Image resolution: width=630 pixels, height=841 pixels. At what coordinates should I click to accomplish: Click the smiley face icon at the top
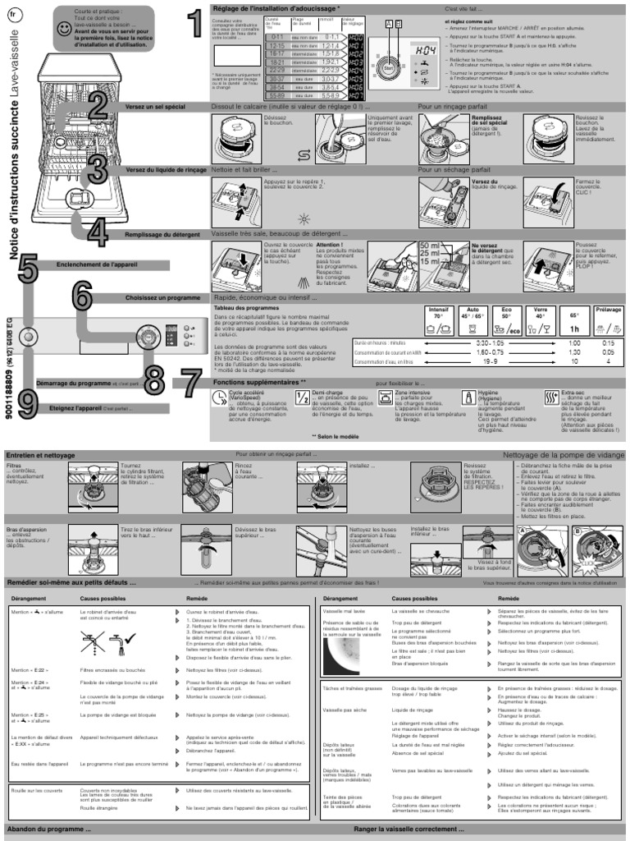pyautogui.click(x=64, y=28)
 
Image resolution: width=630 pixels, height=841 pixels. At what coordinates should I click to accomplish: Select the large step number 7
pyautogui.click(x=190, y=383)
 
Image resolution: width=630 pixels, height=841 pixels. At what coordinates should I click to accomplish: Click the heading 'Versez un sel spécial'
pyautogui.click(x=155, y=107)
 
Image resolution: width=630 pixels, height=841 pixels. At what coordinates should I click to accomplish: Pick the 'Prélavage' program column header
pyautogui.click(x=609, y=310)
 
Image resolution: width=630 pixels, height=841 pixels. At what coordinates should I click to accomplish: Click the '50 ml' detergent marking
pyautogui.click(x=428, y=246)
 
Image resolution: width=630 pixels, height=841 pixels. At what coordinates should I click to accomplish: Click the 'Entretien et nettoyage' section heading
pyautogui.click(x=40, y=454)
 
